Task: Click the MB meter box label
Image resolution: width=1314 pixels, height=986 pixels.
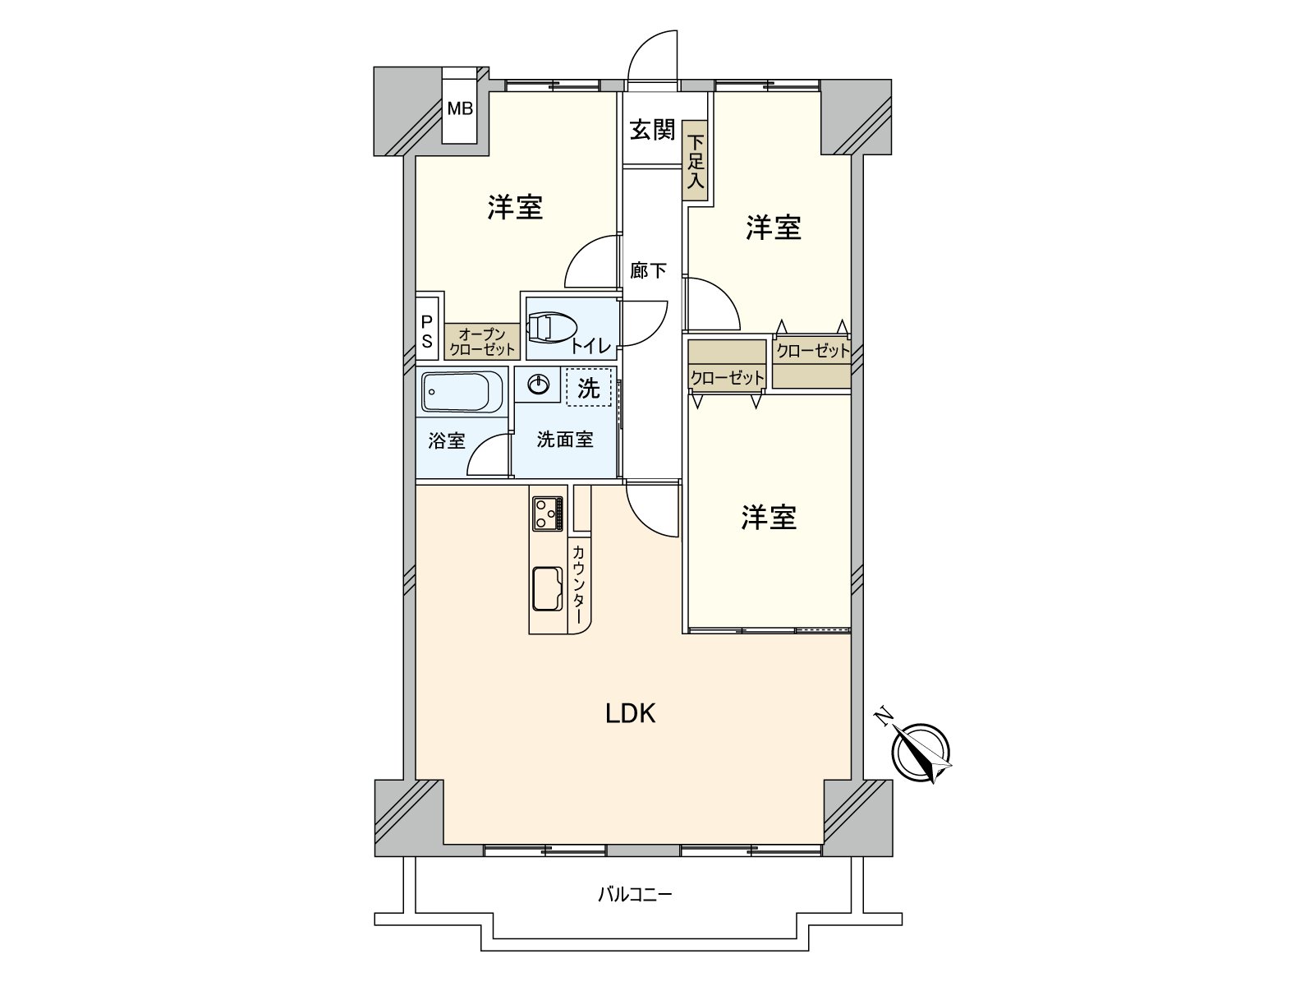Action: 460,108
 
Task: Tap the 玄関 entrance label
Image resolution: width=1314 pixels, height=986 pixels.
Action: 652,130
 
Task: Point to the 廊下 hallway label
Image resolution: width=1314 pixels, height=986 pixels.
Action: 648,270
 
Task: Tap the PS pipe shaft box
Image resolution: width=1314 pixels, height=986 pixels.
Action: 427,332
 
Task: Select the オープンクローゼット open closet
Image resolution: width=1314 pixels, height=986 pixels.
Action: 482,341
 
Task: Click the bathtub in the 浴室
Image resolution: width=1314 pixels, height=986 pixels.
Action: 463,392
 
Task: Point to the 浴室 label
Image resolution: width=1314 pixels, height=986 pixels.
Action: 447,441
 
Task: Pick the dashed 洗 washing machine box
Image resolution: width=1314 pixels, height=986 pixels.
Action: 588,387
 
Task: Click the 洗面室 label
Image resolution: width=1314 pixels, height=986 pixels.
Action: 565,440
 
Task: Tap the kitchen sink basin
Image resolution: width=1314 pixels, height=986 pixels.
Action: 547,588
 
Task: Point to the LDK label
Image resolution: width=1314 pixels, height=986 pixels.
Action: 630,714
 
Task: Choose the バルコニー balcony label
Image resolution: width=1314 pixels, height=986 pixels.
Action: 634,894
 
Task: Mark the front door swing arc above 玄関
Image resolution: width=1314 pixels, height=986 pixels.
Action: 654,56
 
